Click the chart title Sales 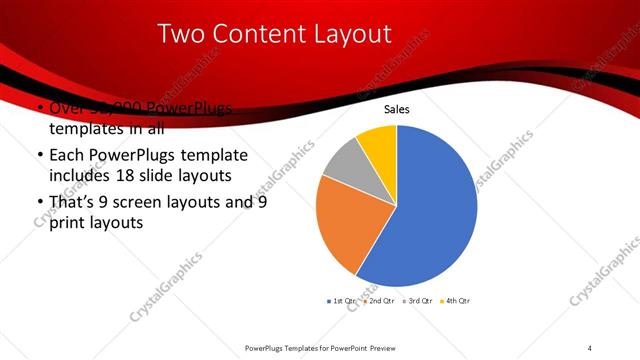pos(397,110)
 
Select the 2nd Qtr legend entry pos(378,300)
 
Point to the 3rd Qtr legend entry pos(416,300)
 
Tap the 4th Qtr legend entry pos(455,300)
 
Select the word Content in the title pos(265,35)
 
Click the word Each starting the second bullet pos(66,156)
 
